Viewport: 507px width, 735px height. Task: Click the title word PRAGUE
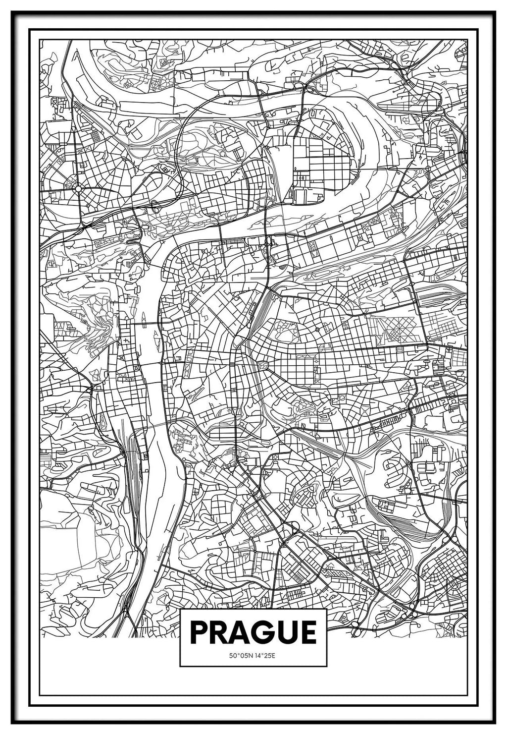[x=253, y=632]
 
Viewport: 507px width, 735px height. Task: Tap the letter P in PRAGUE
[x=199, y=632]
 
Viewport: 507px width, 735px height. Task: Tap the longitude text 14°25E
[x=265, y=656]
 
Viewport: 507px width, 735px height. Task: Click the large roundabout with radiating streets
[x=78, y=188]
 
